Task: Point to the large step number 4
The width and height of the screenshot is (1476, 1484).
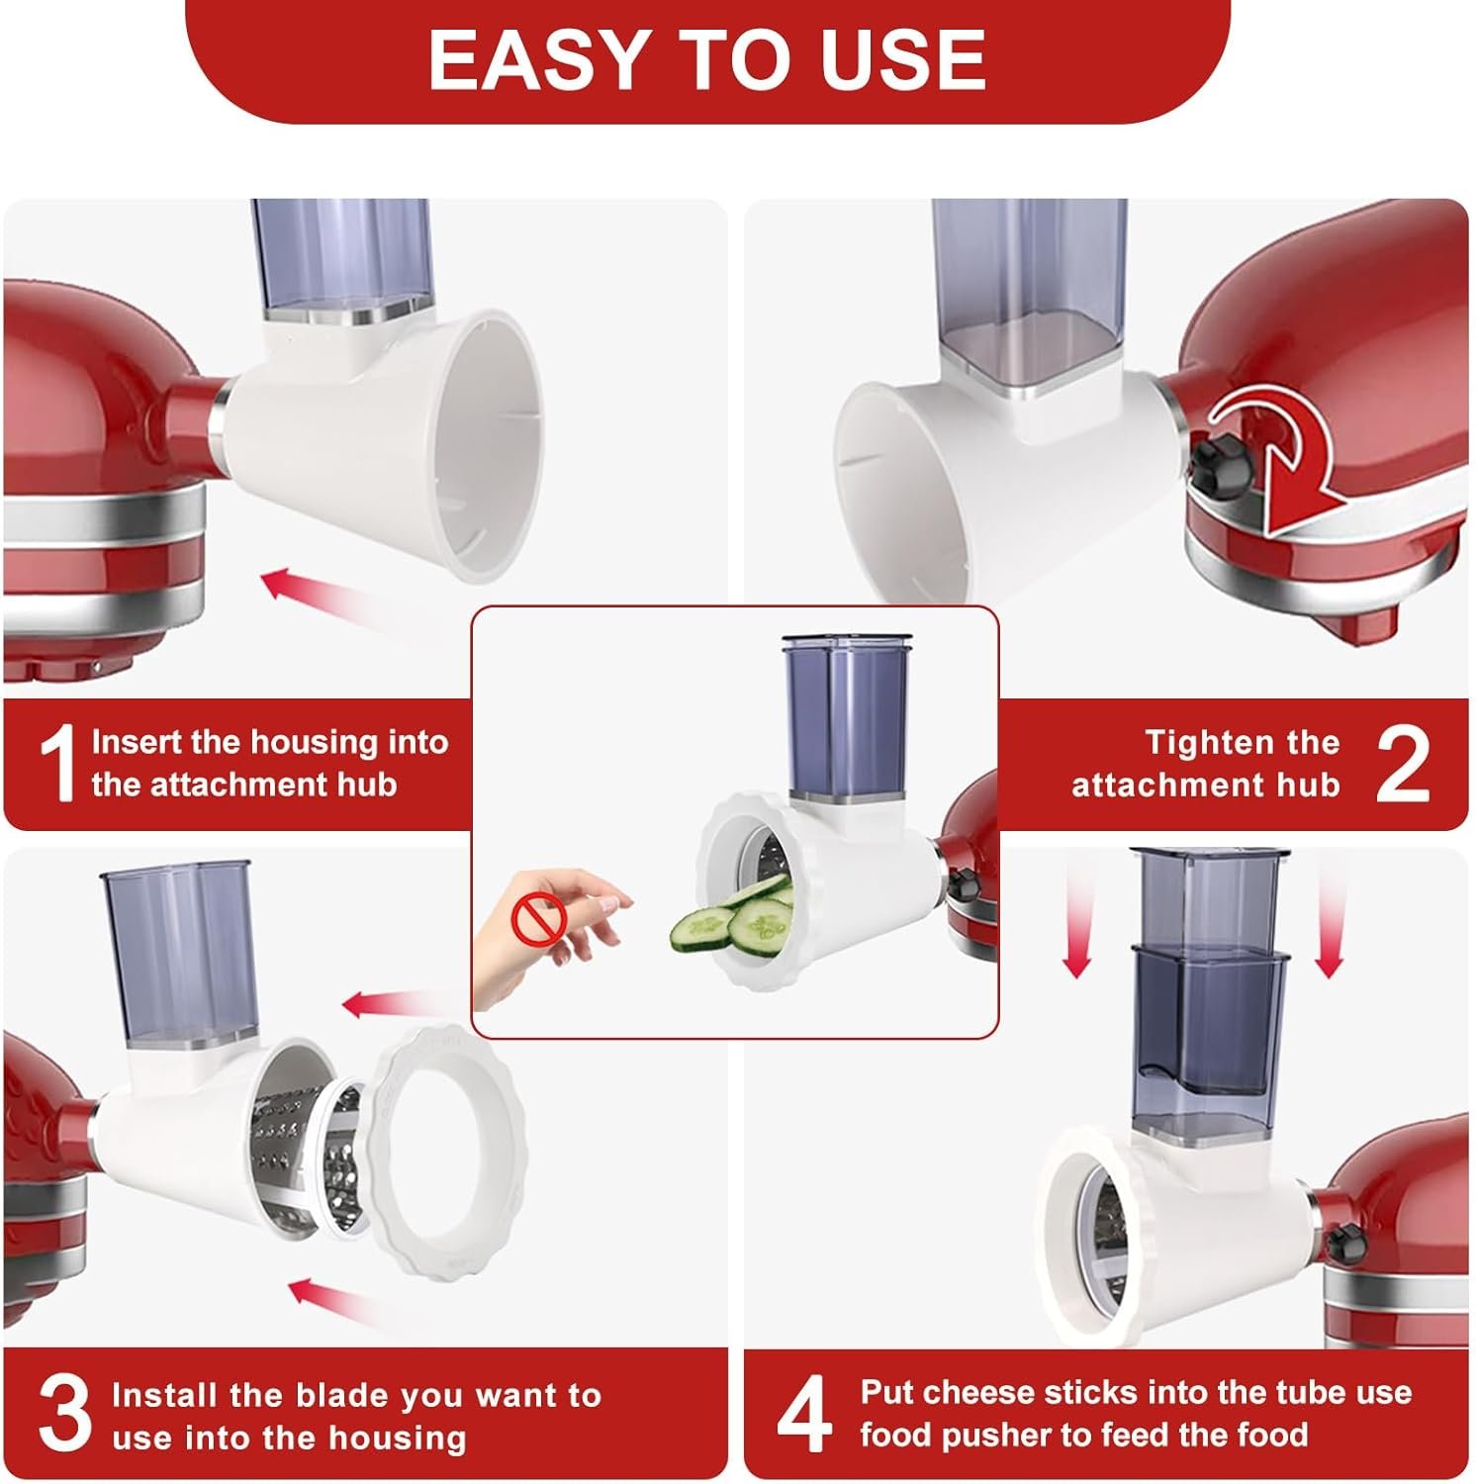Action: (804, 1415)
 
